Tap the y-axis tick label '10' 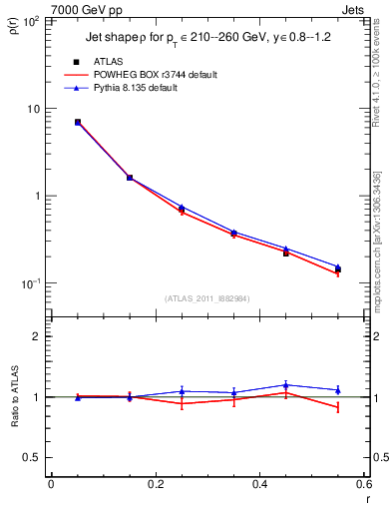(33, 109)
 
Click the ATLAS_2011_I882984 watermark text (207, 298)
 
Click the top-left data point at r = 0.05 (77, 122)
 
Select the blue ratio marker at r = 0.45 (285, 385)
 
